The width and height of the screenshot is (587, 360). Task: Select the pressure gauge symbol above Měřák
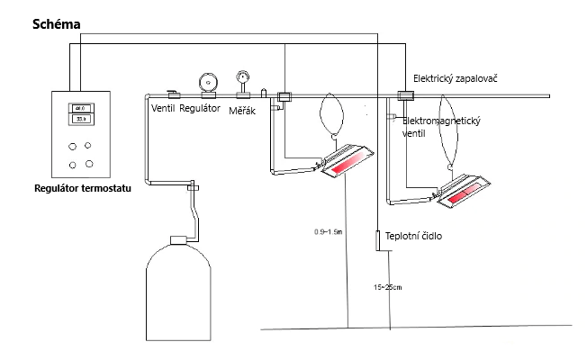pyautogui.click(x=241, y=78)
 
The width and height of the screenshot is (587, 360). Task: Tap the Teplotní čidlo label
pyautogui.click(x=413, y=237)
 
